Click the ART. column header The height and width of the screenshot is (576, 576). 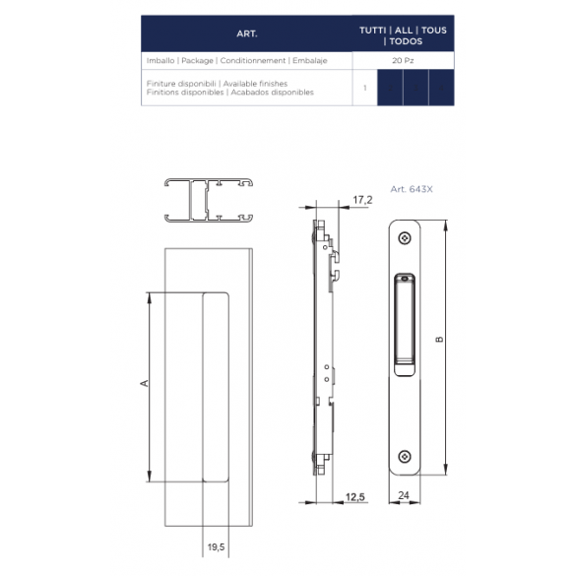pos(247,33)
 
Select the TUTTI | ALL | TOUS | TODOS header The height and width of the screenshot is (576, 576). pos(403,35)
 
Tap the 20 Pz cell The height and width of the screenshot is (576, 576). pos(403,61)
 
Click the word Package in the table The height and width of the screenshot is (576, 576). pos(197,61)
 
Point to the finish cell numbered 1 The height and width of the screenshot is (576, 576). pos(364,88)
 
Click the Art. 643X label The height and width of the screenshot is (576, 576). pos(412,189)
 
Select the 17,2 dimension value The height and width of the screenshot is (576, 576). pos(362,200)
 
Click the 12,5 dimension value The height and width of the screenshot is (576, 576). pos(354,497)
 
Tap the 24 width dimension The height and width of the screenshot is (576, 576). pos(404,495)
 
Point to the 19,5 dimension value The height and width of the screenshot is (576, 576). pos(216,547)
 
